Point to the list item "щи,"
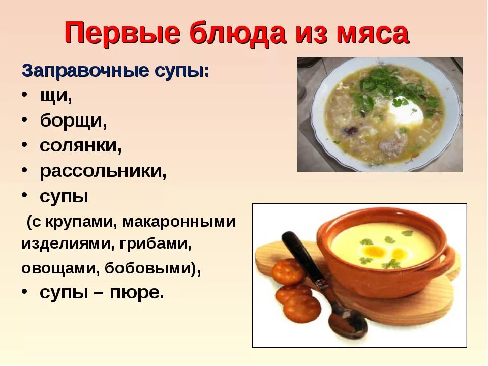[x=56, y=96]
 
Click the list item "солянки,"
[x=81, y=145]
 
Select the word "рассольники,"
[x=103, y=171]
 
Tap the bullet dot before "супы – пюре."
[x=25, y=291]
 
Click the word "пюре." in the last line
[x=136, y=293]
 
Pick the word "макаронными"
[x=178, y=222]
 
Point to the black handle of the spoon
[x=304, y=258]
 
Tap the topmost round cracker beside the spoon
[x=289, y=271]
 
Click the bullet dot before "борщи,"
[x=25, y=120]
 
